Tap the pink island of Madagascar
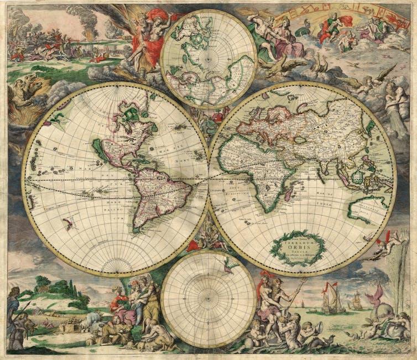tap(289, 193)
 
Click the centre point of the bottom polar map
tap(208, 299)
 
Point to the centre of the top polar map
tap(208, 59)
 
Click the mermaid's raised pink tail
tap(380, 293)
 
